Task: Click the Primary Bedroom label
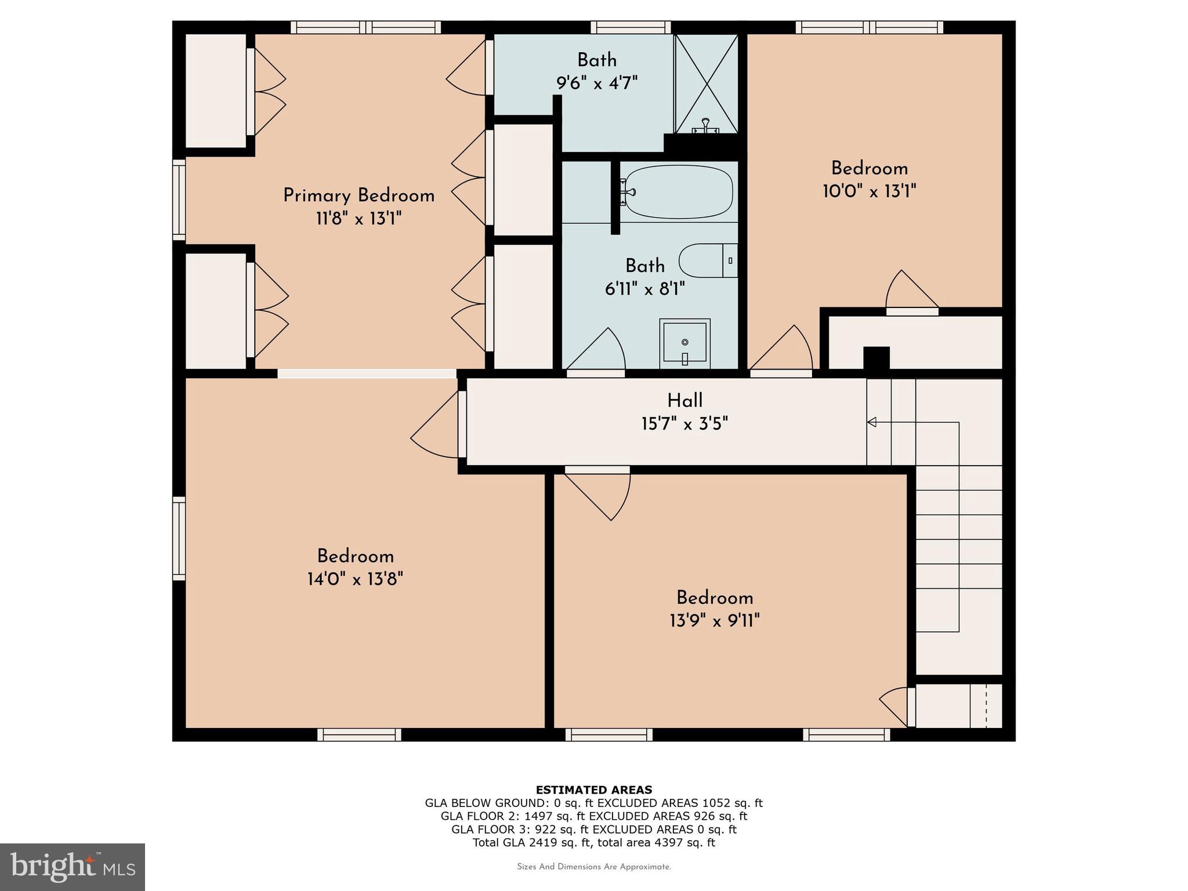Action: click(358, 195)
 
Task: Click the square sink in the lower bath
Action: click(684, 343)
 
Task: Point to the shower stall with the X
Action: click(707, 84)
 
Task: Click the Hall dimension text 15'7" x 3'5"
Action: click(684, 424)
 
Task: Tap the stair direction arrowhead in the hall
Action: click(871, 422)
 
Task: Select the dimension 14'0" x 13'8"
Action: click(355, 579)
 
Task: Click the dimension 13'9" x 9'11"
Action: click(714, 621)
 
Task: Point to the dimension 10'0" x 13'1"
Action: click(869, 191)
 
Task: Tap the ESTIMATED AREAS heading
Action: click(593, 789)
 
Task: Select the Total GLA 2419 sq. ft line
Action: click(593, 842)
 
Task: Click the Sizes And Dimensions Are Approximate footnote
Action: click(593, 867)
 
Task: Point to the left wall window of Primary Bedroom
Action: click(179, 200)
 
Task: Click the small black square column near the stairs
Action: click(876, 357)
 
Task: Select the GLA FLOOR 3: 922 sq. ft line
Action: click(593, 829)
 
